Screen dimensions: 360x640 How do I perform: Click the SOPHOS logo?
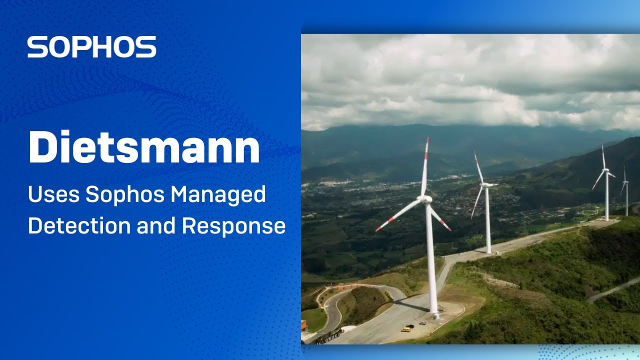91,47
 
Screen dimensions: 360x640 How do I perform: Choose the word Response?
233,225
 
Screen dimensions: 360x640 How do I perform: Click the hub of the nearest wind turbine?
426,199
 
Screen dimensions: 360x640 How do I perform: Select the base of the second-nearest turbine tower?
488,251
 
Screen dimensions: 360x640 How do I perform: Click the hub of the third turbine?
606,170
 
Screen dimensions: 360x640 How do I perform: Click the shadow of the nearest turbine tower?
410,305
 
